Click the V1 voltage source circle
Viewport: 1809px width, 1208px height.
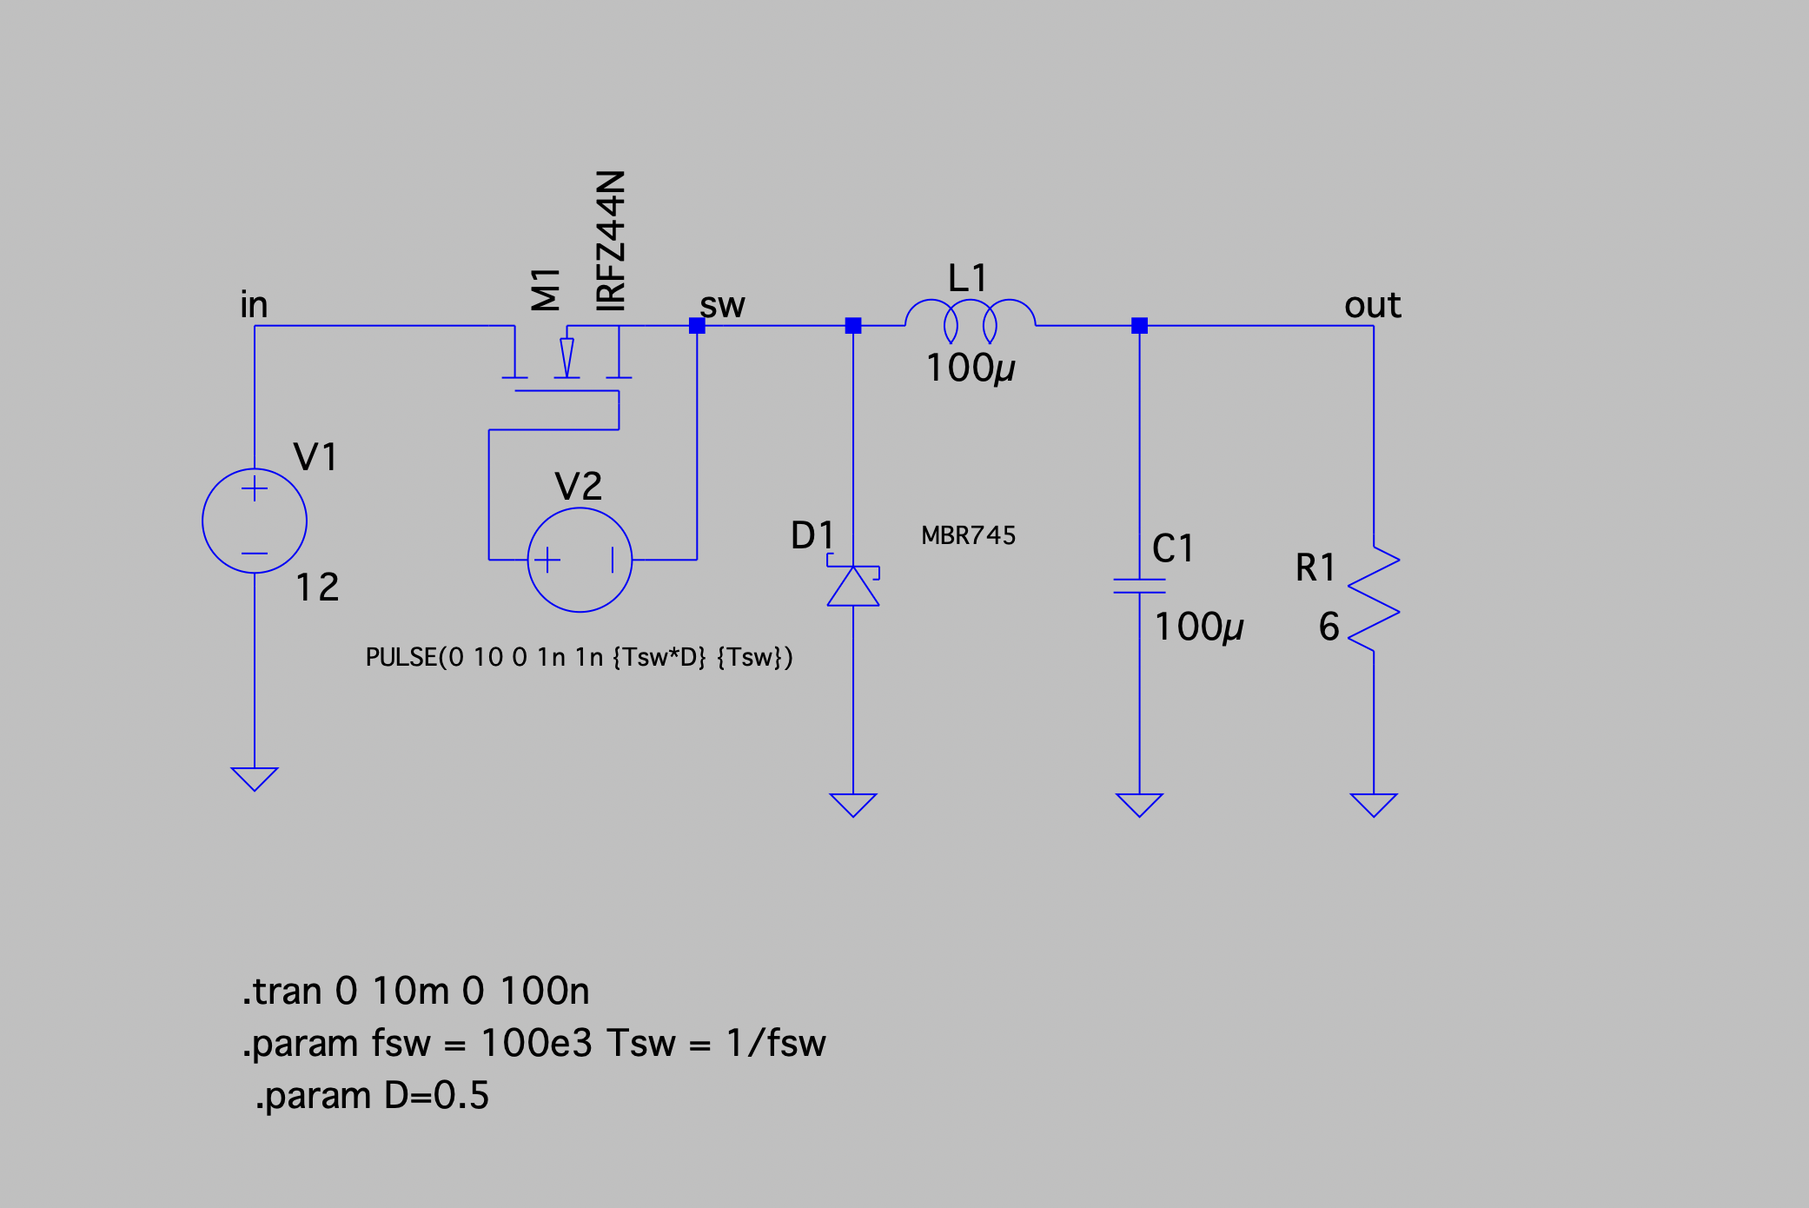[x=254, y=521]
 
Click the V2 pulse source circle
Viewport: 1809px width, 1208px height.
[x=580, y=560]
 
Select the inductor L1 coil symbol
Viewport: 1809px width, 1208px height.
[x=970, y=320]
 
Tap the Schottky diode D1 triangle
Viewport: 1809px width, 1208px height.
[x=853, y=587]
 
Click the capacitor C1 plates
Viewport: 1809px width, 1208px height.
[x=1139, y=586]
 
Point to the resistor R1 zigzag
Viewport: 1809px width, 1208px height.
[x=1374, y=599]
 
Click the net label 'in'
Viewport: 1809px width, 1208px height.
[x=254, y=305]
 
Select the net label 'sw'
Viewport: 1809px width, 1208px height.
[x=723, y=305]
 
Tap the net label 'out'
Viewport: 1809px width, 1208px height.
[x=1372, y=305]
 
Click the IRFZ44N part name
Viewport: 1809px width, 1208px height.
[x=611, y=241]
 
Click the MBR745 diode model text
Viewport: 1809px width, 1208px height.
[x=968, y=535]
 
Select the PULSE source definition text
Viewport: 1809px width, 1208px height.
[x=579, y=657]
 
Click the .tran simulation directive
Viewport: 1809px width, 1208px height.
[x=416, y=991]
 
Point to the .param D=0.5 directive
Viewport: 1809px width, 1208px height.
[x=372, y=1095]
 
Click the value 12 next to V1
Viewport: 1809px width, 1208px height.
[x=317, y=587]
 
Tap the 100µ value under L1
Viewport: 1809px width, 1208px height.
[x=970, y=368]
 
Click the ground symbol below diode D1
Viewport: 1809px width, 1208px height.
[x=853, y=804]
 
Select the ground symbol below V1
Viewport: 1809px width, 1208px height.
[x=254, y=778]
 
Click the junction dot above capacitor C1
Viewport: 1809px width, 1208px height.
[x=1139, y=326]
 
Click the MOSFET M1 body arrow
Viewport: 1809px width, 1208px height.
[x=567, y=356]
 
